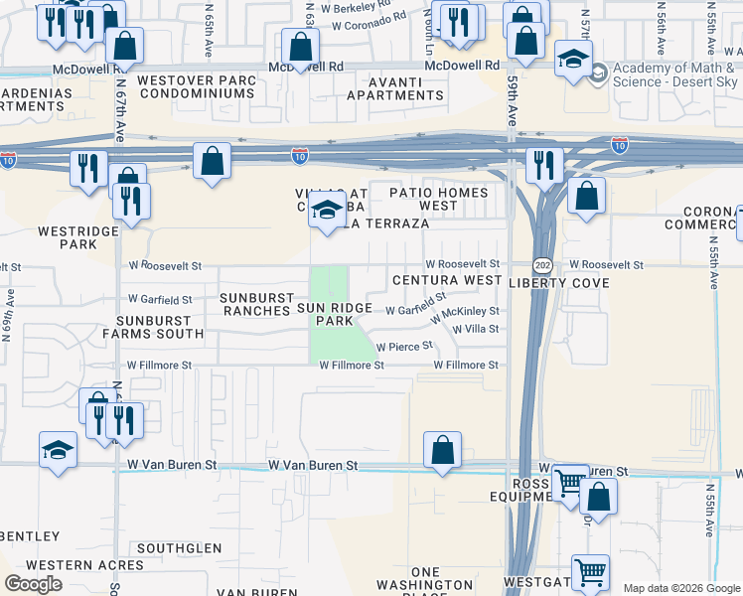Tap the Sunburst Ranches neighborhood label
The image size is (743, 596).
pos(256,304)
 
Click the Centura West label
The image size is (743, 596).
pos(446,281)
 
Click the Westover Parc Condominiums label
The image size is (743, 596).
pos(196,86)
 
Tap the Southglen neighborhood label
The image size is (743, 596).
pos(180,548)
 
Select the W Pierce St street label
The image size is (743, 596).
pos(404,346)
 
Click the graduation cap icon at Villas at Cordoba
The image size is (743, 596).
pos(326,211)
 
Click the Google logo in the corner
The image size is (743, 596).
pos(33,584)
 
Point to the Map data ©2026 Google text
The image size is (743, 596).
pos(680,588)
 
